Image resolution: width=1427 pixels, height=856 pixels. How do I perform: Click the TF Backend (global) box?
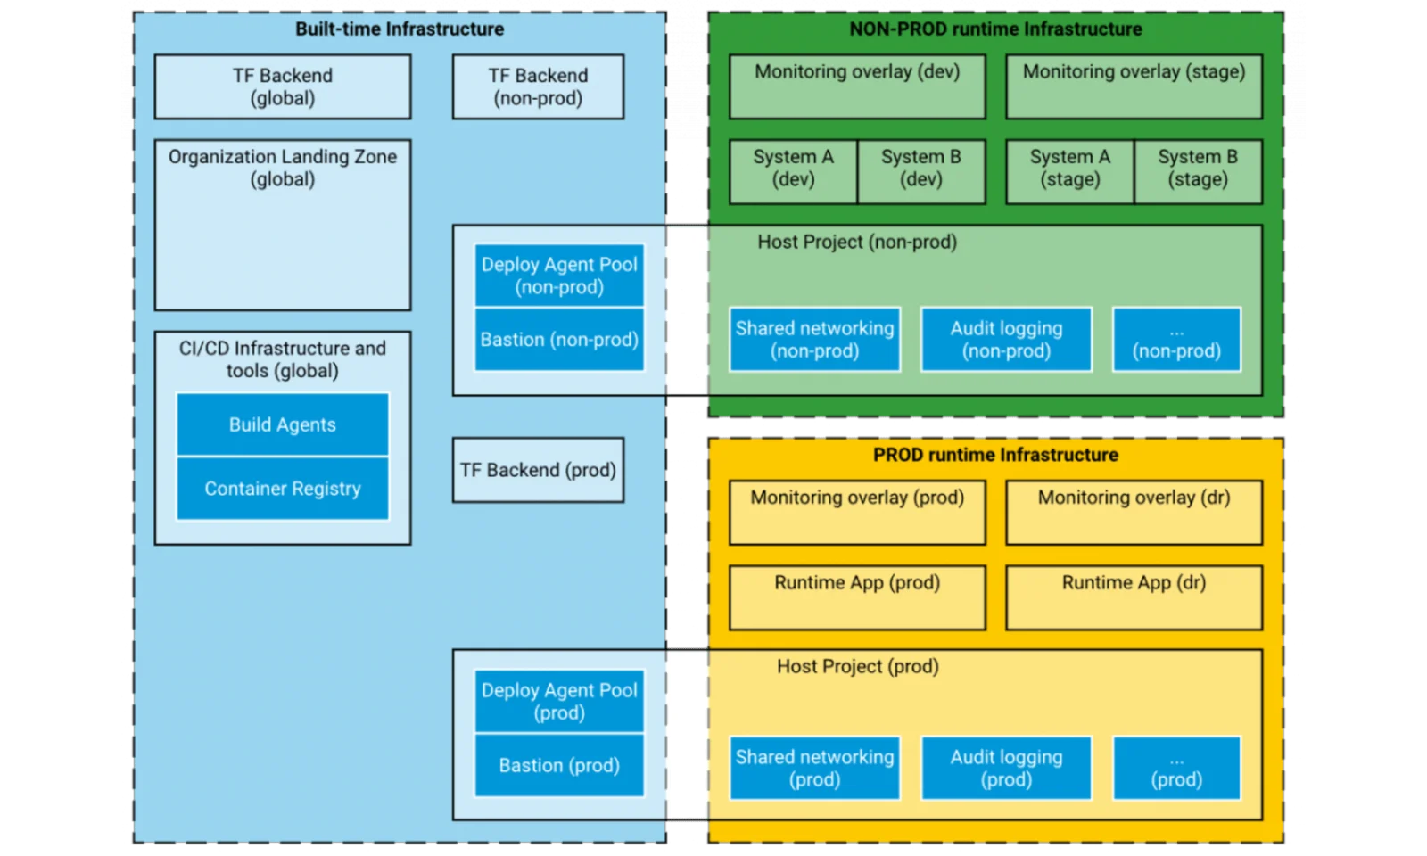point(283,86)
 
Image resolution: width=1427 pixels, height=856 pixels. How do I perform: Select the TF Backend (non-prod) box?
point(538,86)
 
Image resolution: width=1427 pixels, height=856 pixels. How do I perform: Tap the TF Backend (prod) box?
point(538,470)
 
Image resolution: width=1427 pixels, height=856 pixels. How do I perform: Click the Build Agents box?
point(283,424)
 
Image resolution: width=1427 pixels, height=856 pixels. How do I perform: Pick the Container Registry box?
point(283,489)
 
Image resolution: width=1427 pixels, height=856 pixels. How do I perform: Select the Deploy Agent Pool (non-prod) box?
point(559,276)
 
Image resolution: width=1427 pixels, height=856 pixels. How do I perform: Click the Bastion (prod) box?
point(559,765)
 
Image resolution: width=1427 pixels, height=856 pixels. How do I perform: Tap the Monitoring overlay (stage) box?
point(1134,86)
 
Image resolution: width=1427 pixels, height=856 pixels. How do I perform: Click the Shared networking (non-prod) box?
point(814,340)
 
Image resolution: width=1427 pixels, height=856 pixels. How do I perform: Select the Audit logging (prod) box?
point(1006,768)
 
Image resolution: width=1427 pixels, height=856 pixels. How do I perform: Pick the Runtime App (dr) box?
point(1134,597)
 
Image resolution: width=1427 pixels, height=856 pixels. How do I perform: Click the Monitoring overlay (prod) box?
point(857,512)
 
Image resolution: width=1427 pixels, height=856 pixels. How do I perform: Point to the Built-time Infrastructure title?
point(400,29)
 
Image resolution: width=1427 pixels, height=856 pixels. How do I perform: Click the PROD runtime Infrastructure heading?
point(995,455)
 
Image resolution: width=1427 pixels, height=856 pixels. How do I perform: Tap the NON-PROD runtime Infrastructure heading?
point(995,29)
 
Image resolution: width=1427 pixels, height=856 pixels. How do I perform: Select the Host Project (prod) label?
point(857,666)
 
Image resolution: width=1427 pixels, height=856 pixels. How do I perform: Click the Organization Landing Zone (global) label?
point(283,168)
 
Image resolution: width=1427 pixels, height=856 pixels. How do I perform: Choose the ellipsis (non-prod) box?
point(1176,340)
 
